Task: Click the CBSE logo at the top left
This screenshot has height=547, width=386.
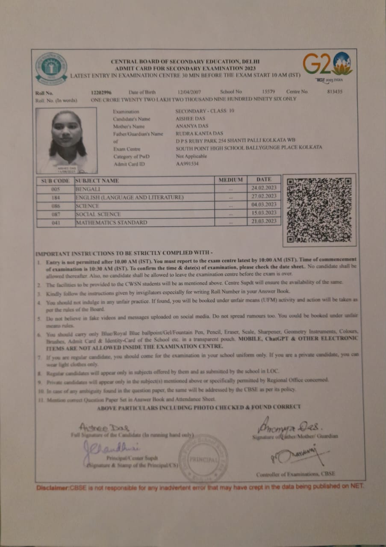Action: coord(51,68)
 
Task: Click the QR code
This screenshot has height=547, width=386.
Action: coord(319,210)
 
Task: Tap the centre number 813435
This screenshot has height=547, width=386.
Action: coord(335,92)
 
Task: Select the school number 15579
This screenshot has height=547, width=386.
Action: coord(268,92)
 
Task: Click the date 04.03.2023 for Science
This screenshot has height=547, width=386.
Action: coord(264,204)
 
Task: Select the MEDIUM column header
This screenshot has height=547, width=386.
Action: coord(230,180)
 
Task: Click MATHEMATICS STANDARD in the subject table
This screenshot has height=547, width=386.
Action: coord(111,223)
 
